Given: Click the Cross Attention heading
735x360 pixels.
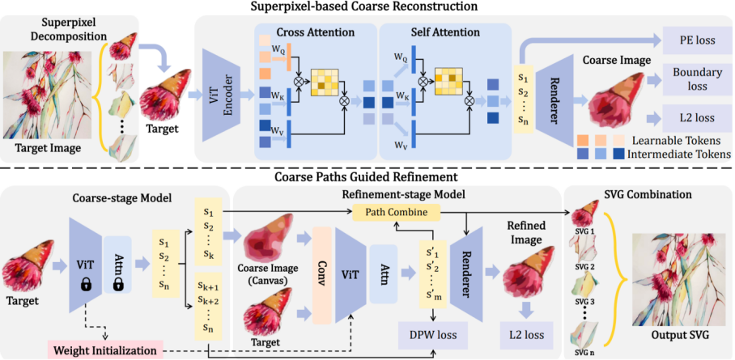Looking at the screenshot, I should click(309, 32).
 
